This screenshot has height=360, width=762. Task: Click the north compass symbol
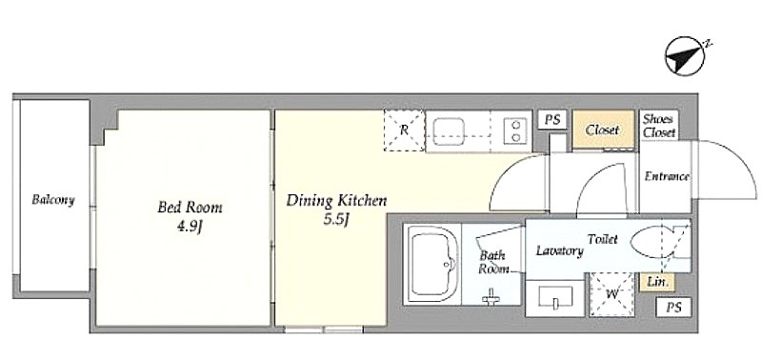click(685, 56)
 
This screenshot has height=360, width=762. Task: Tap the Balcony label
click(53, 200)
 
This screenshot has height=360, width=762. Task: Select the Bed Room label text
click(190, 208)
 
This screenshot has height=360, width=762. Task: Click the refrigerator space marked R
click(404, 130)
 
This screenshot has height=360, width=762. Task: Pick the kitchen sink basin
click(449, 131)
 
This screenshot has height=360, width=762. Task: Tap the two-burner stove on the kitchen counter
click(515, 131)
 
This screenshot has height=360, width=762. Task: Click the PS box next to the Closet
click(552, 119)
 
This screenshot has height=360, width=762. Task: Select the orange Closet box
click(603, 130)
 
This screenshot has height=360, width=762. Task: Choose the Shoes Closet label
click(658, 126)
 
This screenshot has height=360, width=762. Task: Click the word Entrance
click(666, 176)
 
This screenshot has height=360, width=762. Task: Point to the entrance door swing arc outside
click(741, 160)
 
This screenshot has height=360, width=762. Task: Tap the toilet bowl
click(652, 242)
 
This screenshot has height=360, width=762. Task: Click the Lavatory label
click(559, 251)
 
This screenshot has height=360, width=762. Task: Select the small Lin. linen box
click(658, 282)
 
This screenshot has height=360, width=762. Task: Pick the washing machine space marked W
click(612, 294)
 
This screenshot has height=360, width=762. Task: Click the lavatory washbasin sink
click(555, 297)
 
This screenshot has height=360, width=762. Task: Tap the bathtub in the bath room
click(432, 265)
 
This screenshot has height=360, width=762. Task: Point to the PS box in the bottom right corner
click(673, 307)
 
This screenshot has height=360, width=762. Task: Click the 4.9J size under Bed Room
click(189, 227)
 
